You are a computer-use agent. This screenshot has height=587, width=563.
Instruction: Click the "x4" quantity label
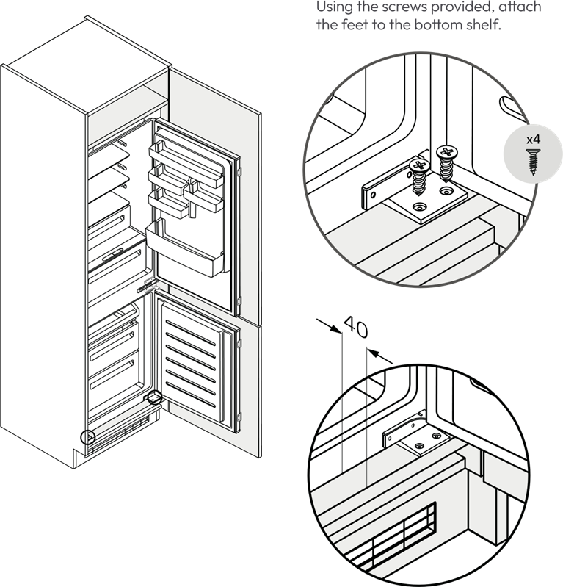coord(533,140)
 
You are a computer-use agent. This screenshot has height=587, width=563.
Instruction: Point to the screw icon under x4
coord(533,162)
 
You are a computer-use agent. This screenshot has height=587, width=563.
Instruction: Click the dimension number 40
coord(356,327)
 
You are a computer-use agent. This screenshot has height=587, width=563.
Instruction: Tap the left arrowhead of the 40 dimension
coord(337,329)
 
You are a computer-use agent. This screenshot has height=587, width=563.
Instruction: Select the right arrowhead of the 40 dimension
coord(372,353)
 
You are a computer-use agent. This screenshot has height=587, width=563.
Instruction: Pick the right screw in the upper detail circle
coord(447,163)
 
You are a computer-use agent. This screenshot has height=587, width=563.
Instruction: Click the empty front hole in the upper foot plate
coord(419,206)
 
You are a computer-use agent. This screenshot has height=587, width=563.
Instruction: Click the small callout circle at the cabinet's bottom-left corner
coord(88,437)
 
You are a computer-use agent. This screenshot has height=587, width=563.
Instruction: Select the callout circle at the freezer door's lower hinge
coord(154,397)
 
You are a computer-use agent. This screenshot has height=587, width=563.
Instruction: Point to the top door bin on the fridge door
coord(186,165)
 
